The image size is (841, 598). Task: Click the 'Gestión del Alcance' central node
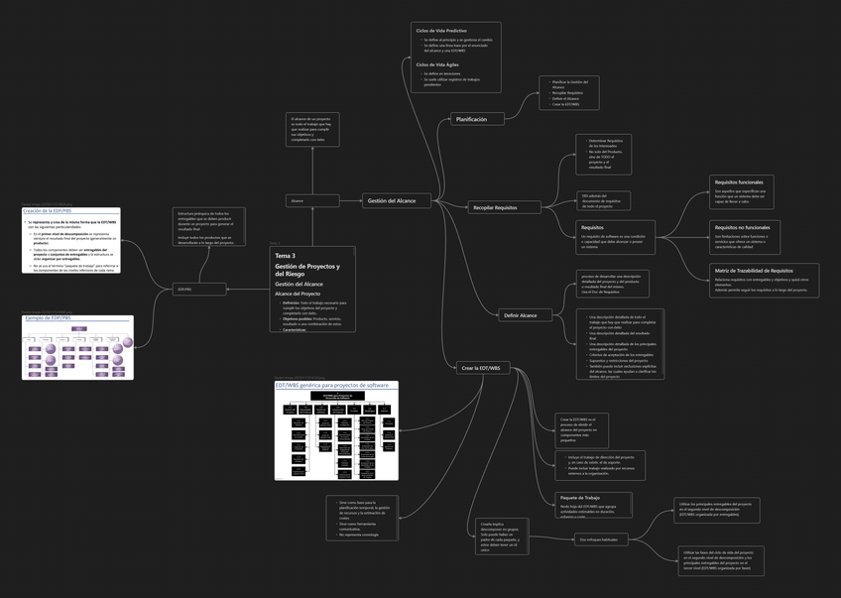[392, 200]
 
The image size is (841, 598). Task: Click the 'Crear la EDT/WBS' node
[481, 368]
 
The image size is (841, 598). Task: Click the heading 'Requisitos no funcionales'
[742, 227]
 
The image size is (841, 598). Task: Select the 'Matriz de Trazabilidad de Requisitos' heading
[754, 270]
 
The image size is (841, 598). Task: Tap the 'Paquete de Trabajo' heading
[580, 498]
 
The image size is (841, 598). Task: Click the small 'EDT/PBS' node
[183, 290]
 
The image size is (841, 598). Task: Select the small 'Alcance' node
[297, 200]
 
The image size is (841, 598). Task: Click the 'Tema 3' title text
[286, 256]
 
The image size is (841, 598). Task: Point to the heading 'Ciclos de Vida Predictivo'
[441, 31]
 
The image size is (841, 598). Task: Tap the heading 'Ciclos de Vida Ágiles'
[437, 64]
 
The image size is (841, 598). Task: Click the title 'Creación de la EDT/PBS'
[48, 211]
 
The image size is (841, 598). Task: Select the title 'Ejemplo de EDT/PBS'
[48, 318]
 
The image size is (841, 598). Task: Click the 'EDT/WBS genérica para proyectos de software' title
[331, 385]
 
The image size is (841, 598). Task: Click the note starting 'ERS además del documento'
[603, 200]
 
